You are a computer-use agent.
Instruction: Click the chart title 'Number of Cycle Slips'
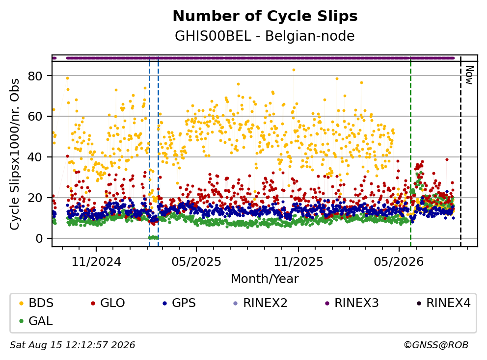coord(265,16)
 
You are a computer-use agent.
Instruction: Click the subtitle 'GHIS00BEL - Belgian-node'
coord(265,36)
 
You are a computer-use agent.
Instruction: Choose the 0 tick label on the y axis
coord(39,238)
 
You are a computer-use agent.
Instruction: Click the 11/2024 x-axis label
coord(96,261)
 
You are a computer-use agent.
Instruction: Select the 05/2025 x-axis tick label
coord(196,261)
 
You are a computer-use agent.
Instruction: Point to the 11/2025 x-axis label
coord(298,261)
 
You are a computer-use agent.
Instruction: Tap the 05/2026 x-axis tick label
coord(399,261)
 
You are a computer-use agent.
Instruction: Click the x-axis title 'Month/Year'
coord(265,279)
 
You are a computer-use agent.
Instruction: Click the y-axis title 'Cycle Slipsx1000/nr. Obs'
coord(14,154)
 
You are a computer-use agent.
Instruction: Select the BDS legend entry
coord(36,303)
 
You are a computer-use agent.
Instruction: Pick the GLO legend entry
coord(108,303)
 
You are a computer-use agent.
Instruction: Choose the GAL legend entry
coord(36,321)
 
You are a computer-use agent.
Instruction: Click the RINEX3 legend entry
coord(352,303)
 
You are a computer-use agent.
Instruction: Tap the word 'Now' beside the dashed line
coord(469,75)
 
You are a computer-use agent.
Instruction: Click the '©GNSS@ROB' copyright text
coord(436,345)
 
